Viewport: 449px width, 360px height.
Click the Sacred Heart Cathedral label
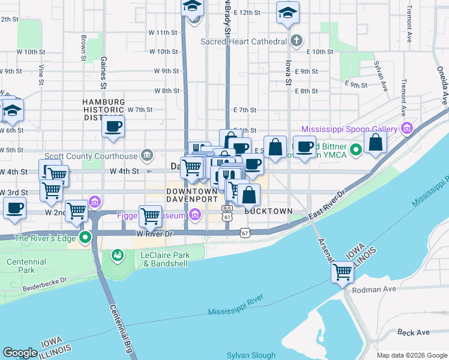pos(252,41)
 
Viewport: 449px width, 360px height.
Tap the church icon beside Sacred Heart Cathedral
pos(295,41)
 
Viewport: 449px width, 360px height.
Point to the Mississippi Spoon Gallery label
pos(349,129)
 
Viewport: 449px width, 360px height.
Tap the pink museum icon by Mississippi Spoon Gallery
pos(407,128)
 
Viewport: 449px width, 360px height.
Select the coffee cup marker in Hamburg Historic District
pos(113,126)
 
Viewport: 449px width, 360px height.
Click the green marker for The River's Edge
pos(86,238)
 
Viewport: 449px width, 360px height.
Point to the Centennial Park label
pos(26,266)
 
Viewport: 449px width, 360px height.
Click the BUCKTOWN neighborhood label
pos(268,211)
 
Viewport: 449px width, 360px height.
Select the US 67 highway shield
pos(244,232)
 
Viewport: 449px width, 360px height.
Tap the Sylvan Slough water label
pos(251,355)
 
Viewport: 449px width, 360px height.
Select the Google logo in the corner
pos(20,353)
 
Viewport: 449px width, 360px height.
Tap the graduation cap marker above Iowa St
pos(288,13)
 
